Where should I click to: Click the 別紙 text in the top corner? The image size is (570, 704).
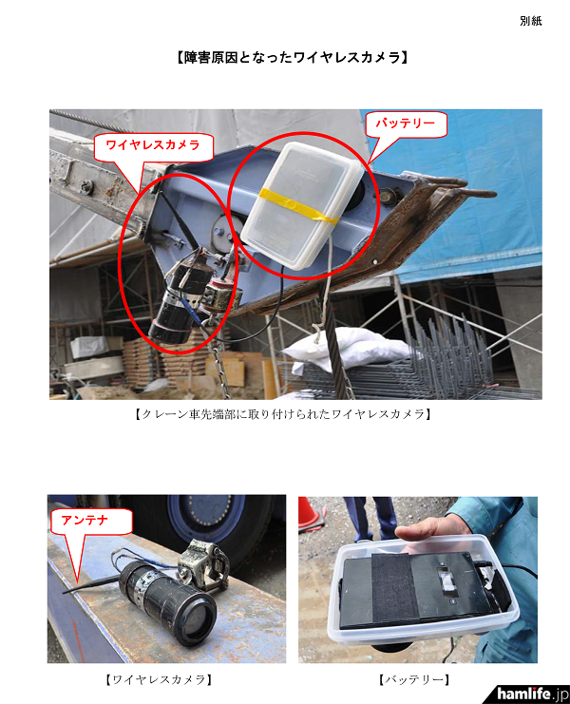[x=531, y=21]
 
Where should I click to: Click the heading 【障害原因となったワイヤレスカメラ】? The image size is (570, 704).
[x=292, y=57]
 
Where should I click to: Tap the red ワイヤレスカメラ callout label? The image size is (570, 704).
[x=153, y=145]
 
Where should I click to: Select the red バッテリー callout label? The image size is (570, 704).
[x=405, y=123]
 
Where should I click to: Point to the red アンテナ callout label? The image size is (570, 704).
[x=85, y=521]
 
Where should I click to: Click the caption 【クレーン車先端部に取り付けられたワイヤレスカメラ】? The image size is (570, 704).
[x=283, y=414]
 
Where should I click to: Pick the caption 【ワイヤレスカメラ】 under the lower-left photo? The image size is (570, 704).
[x=159, y=679]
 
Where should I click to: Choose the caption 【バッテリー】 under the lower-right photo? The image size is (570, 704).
[x=414, y=679]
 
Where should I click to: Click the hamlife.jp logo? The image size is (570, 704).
[x=532, y=694]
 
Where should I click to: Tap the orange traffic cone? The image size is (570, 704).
[x=310, y=513]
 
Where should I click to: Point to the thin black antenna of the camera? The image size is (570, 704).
[x=91, y=584]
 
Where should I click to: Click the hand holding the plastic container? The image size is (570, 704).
[x=431, y=531]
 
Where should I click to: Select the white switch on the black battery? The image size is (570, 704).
[x=448, y=581]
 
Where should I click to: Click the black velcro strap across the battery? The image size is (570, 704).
[x=396, y=587]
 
